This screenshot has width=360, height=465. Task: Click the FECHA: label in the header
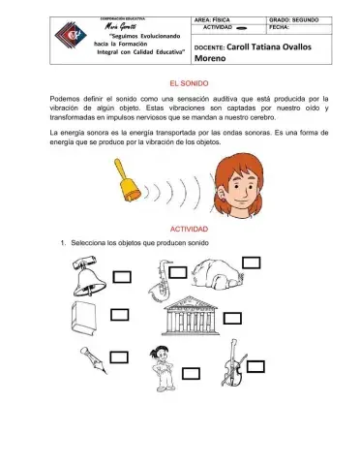click(x=282, y=29)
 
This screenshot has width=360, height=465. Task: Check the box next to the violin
click(x=255, y=366)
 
